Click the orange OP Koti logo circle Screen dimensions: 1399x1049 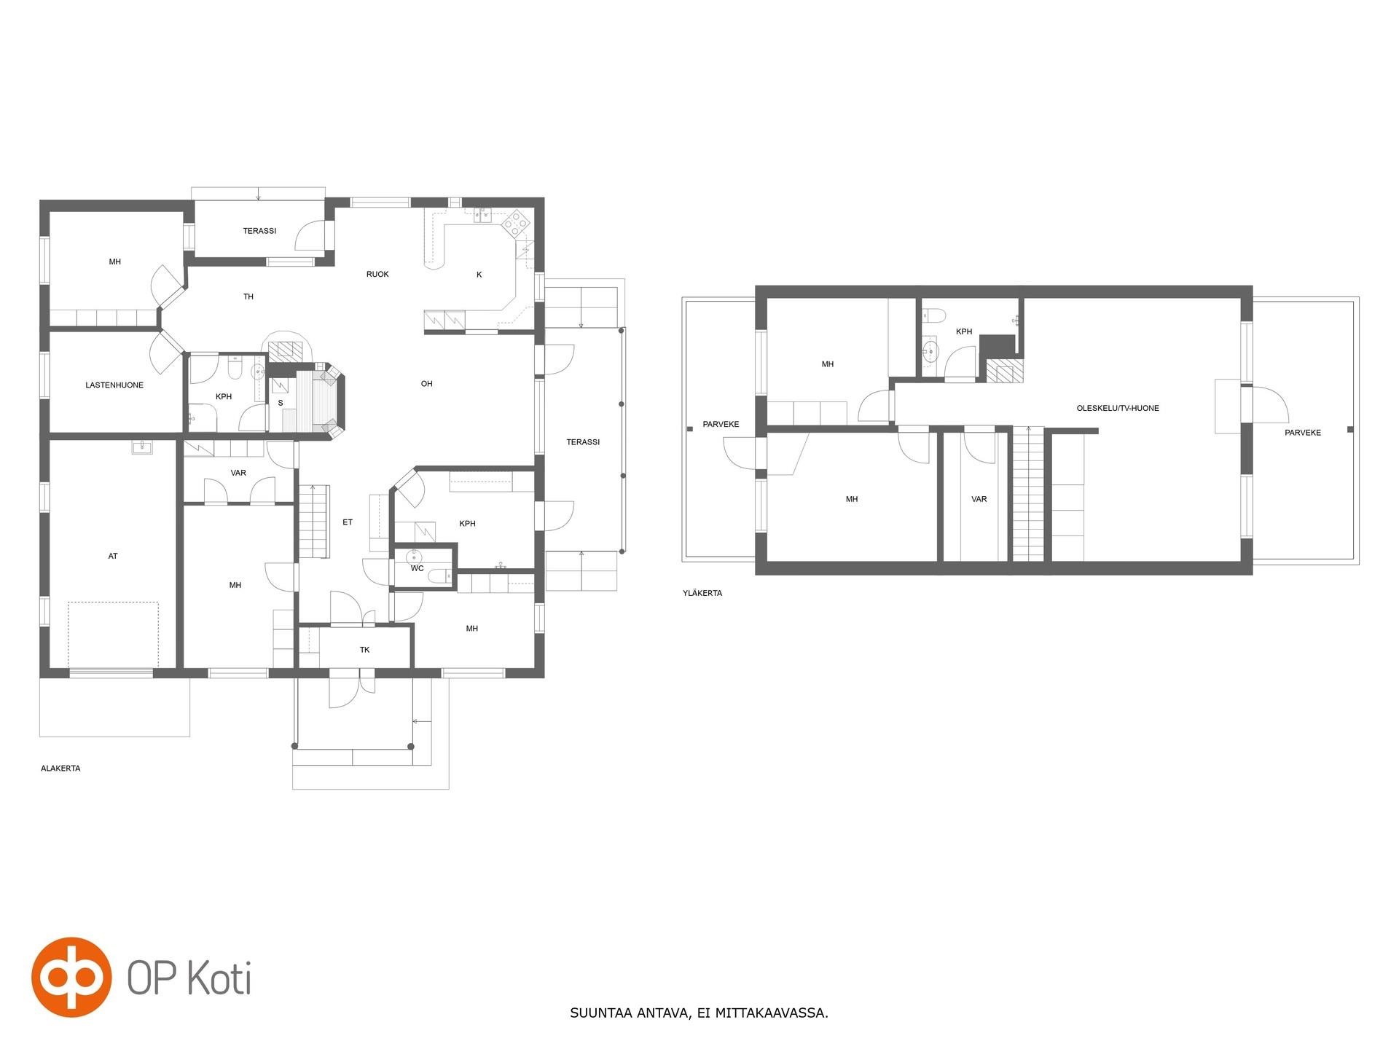pos(71,977)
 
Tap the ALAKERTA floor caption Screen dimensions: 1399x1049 pos(60,769)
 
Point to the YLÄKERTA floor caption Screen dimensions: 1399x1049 pos(702,593)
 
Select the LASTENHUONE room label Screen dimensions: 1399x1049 pos(114,385)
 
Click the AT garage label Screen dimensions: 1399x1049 pos(113,557)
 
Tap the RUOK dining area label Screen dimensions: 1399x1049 pos(377,275)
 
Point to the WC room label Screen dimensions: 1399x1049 pos(417,569)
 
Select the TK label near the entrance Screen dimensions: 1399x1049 pos(364,650)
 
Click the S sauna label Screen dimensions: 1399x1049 pos(281,403)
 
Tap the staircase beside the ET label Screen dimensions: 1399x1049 pos(314,522)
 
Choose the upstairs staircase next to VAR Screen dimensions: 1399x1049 pos(1029,494)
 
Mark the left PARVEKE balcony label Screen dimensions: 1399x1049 pos(721,425)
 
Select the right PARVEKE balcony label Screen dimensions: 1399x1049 pos(1303,433)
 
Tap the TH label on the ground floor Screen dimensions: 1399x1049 pos(248,297)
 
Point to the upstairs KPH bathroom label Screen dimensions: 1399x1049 pos(964,332)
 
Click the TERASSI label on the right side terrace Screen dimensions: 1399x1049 pos(583,442)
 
